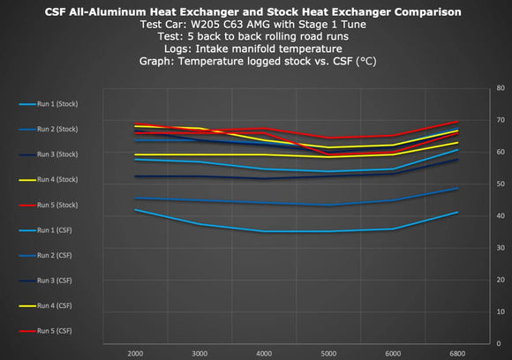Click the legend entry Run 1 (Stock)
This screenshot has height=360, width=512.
[61, 104]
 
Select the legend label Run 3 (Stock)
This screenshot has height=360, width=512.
[61, 154]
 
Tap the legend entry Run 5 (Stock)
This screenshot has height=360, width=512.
[61, 205]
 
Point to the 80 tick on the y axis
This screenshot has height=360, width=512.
[501, 88]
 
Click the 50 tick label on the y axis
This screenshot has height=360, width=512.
[501, 184]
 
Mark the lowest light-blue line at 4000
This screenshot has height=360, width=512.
[265, 231]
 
